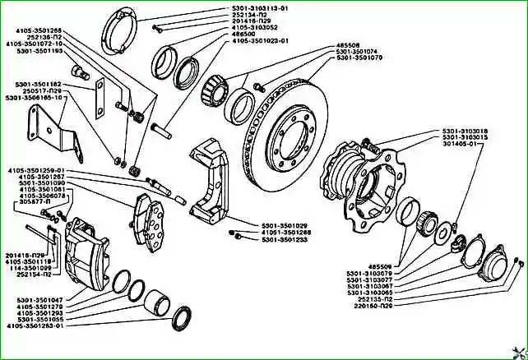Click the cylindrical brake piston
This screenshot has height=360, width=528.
[x=155, y=300]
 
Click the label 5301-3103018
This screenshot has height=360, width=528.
[x=464, y=130]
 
